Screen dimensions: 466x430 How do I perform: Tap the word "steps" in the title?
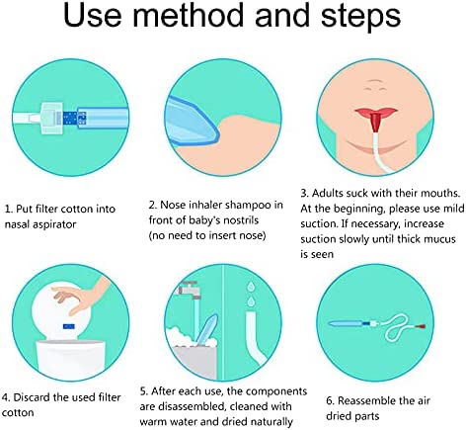click(360, 18)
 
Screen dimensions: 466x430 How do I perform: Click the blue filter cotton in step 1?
click(74, 118)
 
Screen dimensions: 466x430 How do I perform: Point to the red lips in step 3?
click(376, 112)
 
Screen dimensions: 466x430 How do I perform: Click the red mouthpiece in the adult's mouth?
click(375, 122)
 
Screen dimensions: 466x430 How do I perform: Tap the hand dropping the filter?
click(81, 295)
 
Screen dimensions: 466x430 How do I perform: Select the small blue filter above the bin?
click(69, 326)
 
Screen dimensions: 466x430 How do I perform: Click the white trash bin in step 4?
click(70, 357)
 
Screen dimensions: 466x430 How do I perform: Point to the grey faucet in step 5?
click(190, 291)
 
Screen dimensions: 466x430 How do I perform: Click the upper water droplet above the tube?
click(251, 287)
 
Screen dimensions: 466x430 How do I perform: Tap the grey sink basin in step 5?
click(194, 362)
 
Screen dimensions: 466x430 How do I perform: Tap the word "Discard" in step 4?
click(32, 397)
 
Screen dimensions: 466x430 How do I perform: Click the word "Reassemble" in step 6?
click(366, 400)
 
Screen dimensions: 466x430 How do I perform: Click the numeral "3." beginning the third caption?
click(305, 193)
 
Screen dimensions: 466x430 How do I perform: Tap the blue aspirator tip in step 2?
click(191, 122)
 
